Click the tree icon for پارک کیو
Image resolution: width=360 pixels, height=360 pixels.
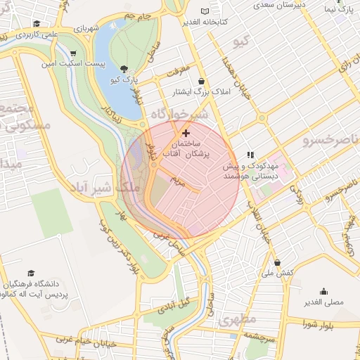coord(124,69)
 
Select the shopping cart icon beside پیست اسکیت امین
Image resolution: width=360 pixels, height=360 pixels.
coord(74,53)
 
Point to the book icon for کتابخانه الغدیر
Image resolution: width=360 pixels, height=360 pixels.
coord(205,11)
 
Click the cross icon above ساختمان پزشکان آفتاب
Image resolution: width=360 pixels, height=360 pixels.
coord(186,132)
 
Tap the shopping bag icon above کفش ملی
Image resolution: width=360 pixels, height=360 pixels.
coord(277,262)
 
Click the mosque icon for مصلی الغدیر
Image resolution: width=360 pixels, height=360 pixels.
coord(323,291)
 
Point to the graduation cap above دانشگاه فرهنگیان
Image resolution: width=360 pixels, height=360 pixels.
coord(31,273)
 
